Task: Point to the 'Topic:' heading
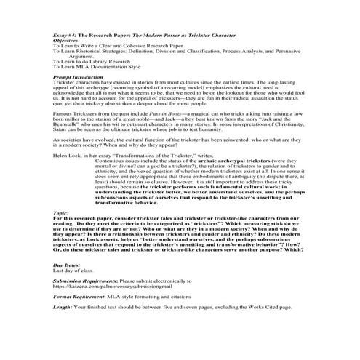(x=61, y=212)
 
